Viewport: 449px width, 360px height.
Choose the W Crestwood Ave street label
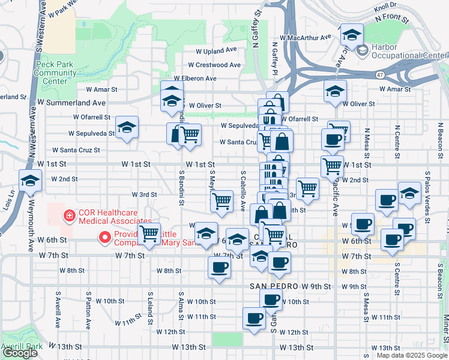214,65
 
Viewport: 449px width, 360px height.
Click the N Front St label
393,19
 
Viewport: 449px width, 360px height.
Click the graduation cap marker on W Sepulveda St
127,128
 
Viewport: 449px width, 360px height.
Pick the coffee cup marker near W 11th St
254,318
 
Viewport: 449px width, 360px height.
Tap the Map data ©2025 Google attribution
412,355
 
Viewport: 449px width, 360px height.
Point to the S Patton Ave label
88,311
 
